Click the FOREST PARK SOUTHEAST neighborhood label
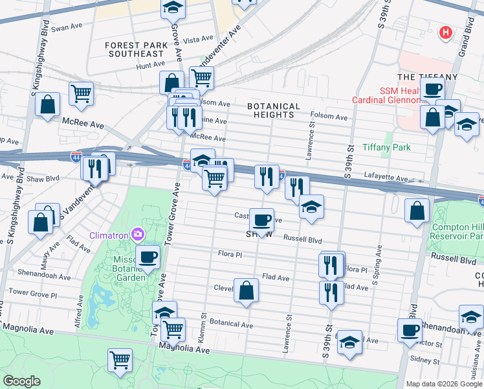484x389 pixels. (137, 50)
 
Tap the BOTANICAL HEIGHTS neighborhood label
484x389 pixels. (274, 110)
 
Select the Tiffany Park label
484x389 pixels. (386, 147)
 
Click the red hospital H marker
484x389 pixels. (445, 32)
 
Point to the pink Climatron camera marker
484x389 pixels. (137, 233)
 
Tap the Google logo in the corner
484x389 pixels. (21, 381)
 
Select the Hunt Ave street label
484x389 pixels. (151, 65)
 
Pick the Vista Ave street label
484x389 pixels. (195, 40)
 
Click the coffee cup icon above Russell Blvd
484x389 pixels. (261, 220)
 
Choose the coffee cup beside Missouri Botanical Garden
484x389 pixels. (148, 257)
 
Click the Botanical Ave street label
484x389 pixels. (231, 324)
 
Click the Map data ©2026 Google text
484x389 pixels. (444, 384)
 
